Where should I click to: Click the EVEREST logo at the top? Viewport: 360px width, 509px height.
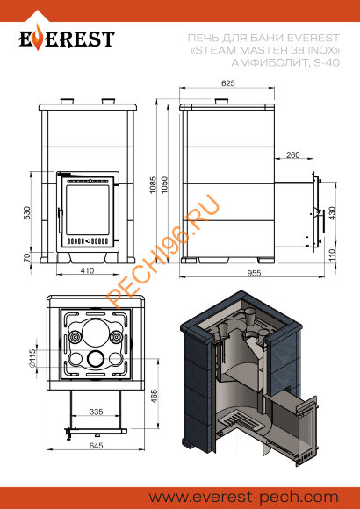pos(68,39)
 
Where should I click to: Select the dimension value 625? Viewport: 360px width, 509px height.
pos(228,84)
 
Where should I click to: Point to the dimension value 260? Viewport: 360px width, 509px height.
pos(292,155)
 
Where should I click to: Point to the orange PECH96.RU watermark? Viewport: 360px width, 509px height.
pos(167,254)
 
